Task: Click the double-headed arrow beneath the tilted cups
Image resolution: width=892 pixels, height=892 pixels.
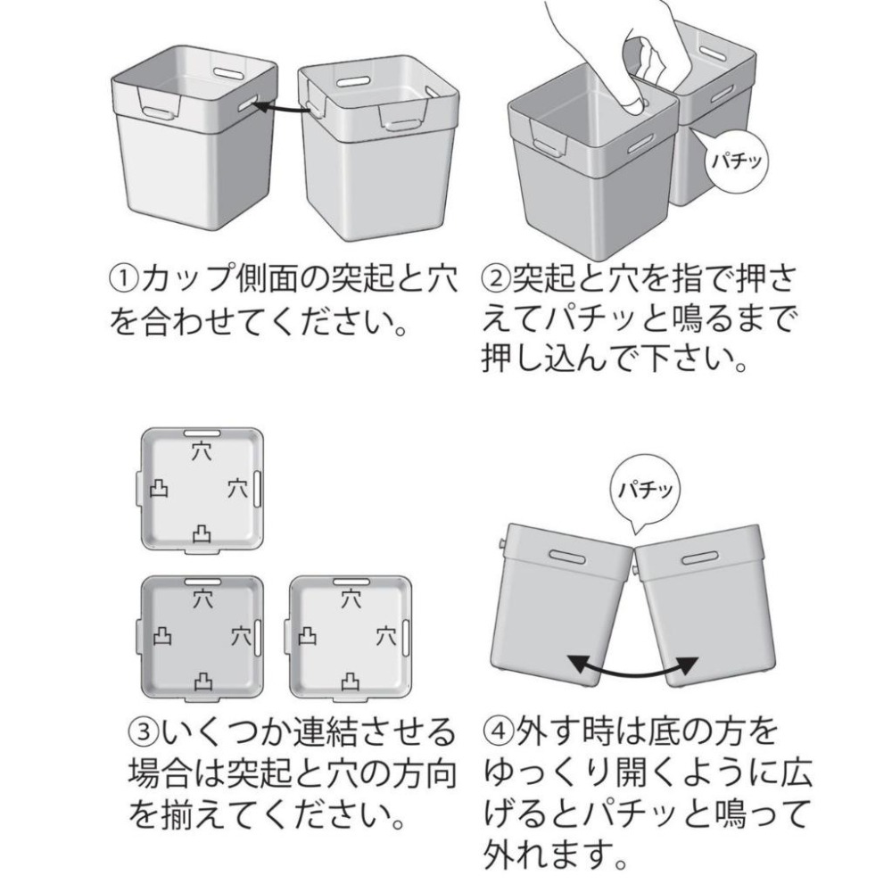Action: [633, 665]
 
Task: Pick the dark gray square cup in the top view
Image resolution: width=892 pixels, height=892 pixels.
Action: [202, 635]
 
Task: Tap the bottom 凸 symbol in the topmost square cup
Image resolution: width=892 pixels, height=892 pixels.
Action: [202, 533]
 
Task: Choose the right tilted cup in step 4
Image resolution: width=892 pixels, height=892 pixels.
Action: [705, 607]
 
